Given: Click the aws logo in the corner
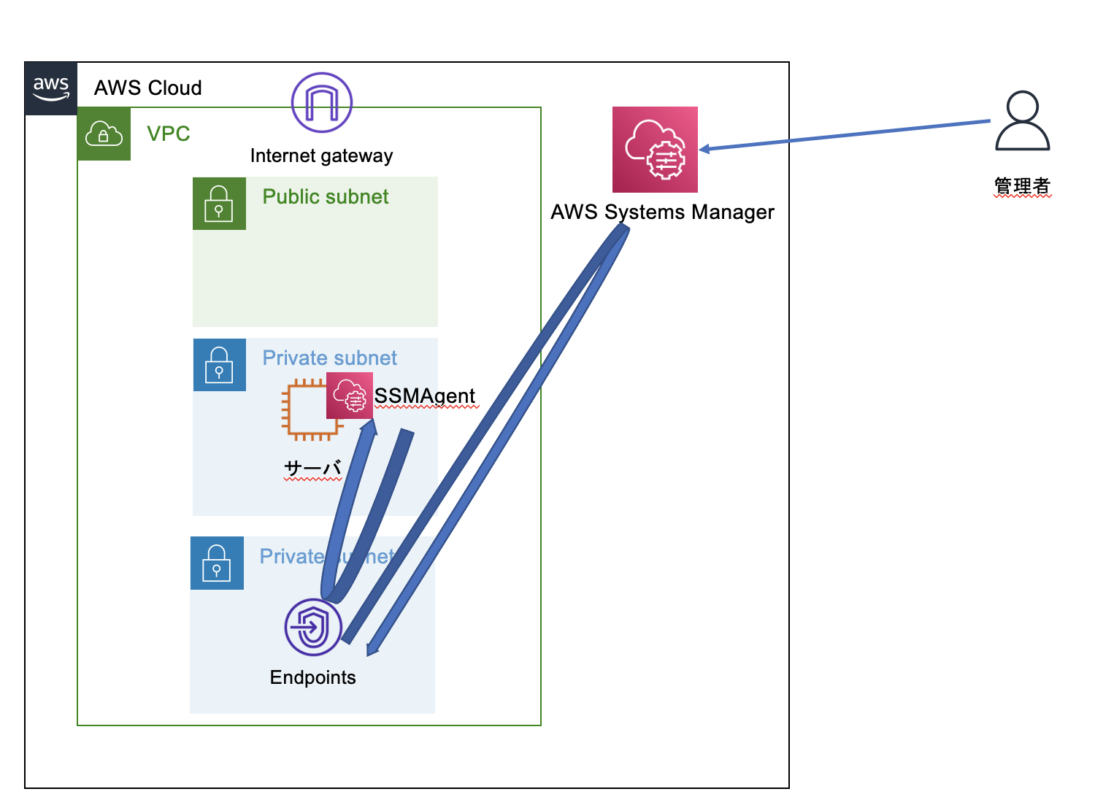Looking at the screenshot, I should tap(51, 88).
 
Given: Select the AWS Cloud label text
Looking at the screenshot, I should tap(148, 88).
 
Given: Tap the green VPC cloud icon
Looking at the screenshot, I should tap(104, 134).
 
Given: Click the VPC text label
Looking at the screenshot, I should tap(169, 134).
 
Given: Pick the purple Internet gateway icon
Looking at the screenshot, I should tap(322, 103).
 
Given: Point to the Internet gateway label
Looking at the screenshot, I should tap(321, 156).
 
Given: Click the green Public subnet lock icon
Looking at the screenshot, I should tap(219, 204).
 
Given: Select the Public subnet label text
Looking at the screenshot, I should tap(326, 197).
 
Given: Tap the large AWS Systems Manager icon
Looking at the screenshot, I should tap(655, 150).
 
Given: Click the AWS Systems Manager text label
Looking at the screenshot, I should tap(662, 212).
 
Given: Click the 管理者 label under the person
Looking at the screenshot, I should tap(1022, 186).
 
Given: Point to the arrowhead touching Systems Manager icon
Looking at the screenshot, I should tap(704, 149).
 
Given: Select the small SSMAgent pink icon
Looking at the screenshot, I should tap(350, 396).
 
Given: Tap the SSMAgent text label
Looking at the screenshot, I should tap(425, 396).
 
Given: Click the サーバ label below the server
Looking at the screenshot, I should tap(312, 468).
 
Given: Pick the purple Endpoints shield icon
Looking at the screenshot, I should tap(313, 627).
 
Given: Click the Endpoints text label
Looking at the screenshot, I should tap(312, 678).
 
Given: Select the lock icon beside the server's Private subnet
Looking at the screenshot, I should tap(219, 365).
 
